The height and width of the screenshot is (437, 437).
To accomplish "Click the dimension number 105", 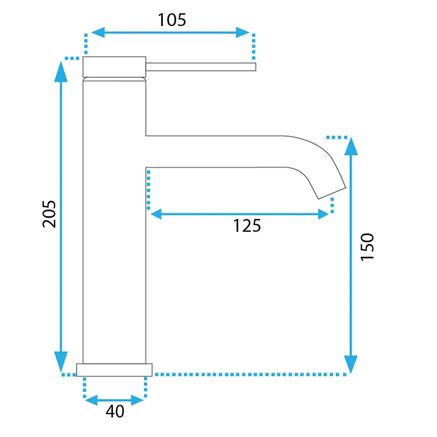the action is [x=172, y=20].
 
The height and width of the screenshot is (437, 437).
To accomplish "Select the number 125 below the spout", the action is [x=247, y=226].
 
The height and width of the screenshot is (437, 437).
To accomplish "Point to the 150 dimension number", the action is [x=367, y=247].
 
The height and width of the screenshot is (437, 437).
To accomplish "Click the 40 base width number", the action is [x=115, y=412].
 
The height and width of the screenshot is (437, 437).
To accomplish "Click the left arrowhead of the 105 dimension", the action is [x=98, y=32].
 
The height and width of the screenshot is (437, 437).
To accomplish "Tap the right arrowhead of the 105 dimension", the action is [x=243, y=32].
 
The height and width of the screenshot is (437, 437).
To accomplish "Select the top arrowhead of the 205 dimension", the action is [x=61, y=72].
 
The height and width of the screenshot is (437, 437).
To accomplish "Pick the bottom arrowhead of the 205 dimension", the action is [x=61, y=362].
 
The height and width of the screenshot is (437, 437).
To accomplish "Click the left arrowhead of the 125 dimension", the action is [x=156, y=214].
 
